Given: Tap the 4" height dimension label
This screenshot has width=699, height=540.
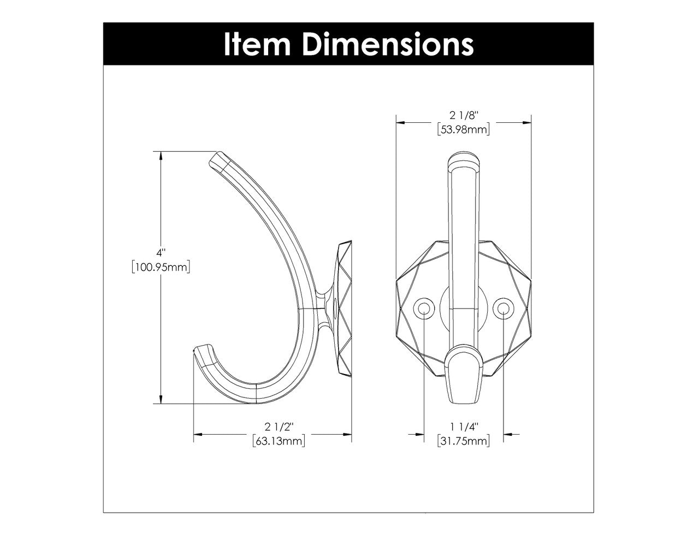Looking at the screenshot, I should (161, 253).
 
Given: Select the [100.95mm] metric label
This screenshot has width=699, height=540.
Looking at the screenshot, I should (161, 267).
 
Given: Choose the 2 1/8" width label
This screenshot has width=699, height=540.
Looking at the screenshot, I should (464, 115).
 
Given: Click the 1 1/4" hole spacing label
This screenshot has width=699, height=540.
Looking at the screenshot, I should (464, 427).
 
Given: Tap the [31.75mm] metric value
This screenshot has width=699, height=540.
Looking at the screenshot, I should (464, 441).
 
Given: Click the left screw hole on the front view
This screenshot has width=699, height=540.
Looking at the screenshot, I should (424, 309).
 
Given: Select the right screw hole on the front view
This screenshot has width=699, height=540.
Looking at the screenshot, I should (502, 309).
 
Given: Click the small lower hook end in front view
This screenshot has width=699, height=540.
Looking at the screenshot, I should (464, 377).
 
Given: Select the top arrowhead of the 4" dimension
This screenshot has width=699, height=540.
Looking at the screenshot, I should (161, 156).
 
